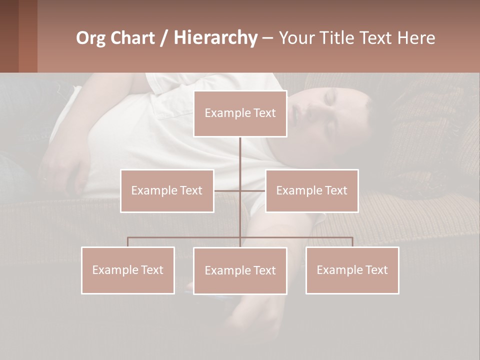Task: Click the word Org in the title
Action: pos(90,38)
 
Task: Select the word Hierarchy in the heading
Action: pos(215,38)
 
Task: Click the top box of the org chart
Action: pos(240,113)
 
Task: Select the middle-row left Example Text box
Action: pos(167,190)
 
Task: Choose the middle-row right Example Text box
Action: pos(311,190)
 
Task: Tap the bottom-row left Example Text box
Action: pos(127,270)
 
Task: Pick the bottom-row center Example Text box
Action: pos(240,270)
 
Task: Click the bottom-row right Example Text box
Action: pos(352,270)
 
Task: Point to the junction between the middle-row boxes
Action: pos(240,190)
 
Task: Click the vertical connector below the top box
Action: pos(240,155)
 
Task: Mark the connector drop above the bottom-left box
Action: pos(127,242)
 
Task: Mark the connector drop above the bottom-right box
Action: pos(352,242)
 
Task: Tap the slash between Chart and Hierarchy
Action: pos(163,38)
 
